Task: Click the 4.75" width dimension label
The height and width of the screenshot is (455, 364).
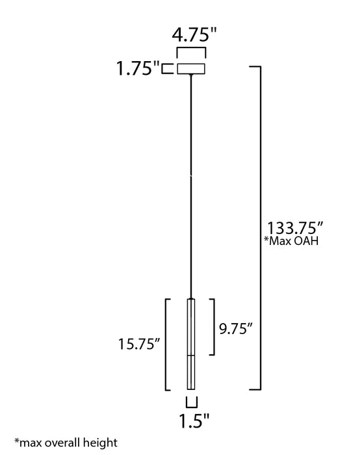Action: [x=194, y=34]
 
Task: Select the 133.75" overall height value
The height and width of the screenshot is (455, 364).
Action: [x=295, y=227]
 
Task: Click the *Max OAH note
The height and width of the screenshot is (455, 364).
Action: [x=291, y=241]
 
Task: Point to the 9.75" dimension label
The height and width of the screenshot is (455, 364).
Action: [x=236, y=328]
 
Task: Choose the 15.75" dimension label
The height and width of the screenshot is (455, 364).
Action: [x=139, y=344]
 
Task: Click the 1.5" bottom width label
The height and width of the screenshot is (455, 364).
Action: [x=194, y=421]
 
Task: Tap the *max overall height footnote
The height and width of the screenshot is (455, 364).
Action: [x=66, y=443]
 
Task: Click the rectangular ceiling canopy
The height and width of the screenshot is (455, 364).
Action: [x=191, y=69]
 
